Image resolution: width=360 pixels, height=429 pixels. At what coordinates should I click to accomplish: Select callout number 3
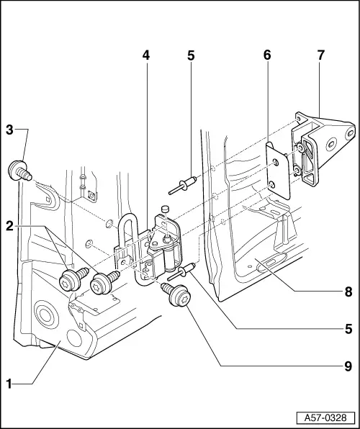[9, 130]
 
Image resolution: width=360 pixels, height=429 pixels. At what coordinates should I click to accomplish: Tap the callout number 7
[320, 74]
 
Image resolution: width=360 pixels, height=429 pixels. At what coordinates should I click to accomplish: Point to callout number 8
[348, 292]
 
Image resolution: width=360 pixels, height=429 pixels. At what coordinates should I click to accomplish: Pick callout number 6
[267, 74]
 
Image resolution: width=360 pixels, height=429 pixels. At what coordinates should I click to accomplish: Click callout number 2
[9, 225]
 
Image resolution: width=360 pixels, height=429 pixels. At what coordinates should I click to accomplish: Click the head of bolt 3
[15, 171]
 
